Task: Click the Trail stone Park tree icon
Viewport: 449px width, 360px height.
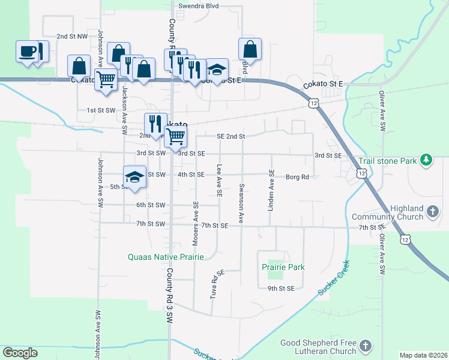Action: (x=426, y=160)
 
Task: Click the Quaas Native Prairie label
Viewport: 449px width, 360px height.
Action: (x=166, y=257)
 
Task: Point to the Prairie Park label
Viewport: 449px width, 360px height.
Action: (x=283, y=267)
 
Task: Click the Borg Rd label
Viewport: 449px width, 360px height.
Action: (x=297, y=177)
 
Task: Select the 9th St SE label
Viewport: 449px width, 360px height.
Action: (x=281, y=289)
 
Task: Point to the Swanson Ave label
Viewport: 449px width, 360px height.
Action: (x=241, y=203)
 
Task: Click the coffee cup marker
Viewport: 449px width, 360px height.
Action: (x=27, y=52)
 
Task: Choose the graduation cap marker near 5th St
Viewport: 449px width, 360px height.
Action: (x=135, y=178)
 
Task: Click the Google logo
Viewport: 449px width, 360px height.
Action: (x=20, y=353)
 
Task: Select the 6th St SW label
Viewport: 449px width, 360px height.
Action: (x=150, y=205)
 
